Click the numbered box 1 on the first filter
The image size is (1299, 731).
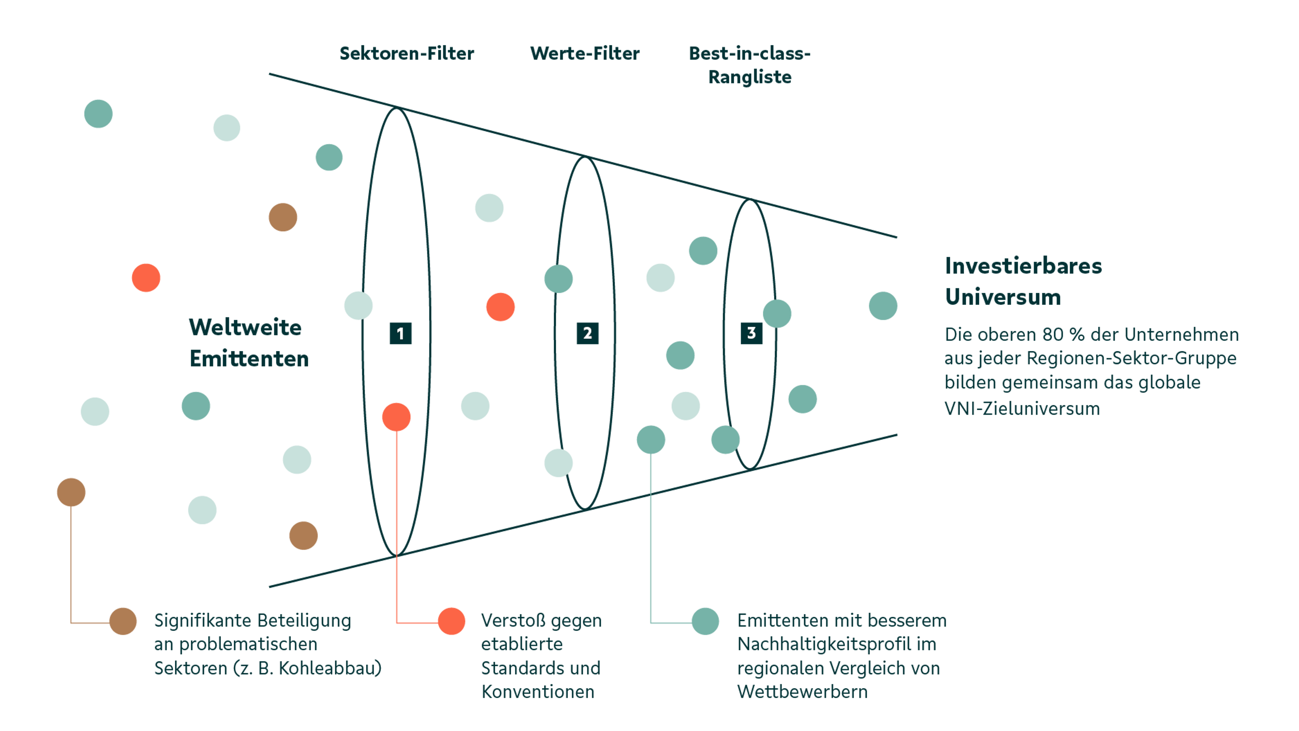click(x=401, y=333)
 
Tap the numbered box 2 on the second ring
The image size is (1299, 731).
click(x=588, y=333)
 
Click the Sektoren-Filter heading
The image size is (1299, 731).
click(x=406, y=53)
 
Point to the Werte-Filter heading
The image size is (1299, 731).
click(x=585, y=53)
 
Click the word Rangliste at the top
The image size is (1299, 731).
click(x=750, y=77)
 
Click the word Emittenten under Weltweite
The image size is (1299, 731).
click(x=249, y=359)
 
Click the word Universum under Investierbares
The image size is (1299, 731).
click(x=1002, y=298)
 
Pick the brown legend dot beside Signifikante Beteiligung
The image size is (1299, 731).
click(x=123, y=621)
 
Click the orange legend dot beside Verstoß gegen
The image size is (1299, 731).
click(x=451, y=621)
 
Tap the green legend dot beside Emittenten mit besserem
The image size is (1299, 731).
click(x=705, y=621)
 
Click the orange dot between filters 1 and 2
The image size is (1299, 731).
click(x=500, y=307)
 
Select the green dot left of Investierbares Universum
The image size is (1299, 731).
click(x=883, y=306)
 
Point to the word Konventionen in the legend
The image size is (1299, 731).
click(x=538, y=692)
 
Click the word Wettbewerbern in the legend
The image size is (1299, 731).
click(x=802, y=692)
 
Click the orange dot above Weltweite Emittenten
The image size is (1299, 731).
click(x=146, y=277)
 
